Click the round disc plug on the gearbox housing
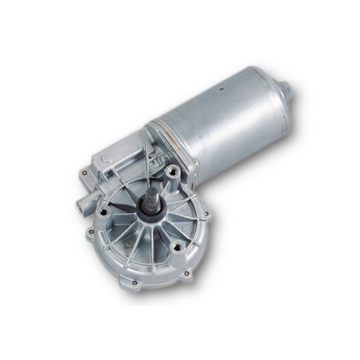pos(106,159)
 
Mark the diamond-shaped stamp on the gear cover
pos(128,245)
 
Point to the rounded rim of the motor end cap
pos(277,108)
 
